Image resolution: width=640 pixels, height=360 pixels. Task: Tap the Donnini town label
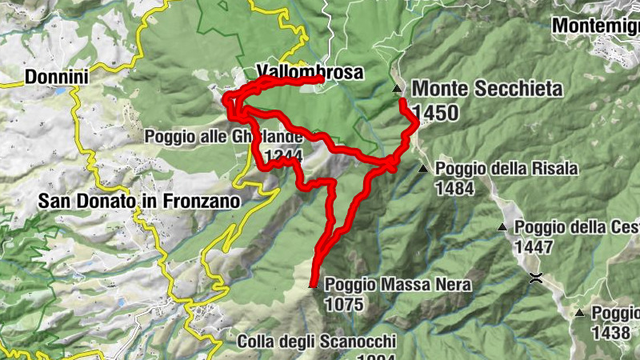coord(56,77)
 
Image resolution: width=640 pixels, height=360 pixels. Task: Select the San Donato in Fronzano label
coord(139,202)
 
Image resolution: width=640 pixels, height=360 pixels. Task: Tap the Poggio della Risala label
coord(506,169)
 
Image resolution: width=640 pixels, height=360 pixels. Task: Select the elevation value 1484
coord(455,188)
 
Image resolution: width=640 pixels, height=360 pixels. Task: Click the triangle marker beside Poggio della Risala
coord(422,168)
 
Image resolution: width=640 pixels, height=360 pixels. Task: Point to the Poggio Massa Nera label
coord(398,285)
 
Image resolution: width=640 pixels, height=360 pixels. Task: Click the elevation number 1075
coord(345,304)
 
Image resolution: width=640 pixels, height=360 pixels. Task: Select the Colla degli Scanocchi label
coord(317,342)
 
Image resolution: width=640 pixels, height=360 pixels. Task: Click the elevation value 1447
coord(534,246)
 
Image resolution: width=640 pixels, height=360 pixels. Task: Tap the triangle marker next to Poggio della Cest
coord(502,227)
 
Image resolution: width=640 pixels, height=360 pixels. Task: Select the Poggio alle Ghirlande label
coord(200,137)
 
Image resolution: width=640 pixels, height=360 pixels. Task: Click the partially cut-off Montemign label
coord(596,25)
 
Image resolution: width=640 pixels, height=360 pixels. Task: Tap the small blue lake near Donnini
coord(59,91)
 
